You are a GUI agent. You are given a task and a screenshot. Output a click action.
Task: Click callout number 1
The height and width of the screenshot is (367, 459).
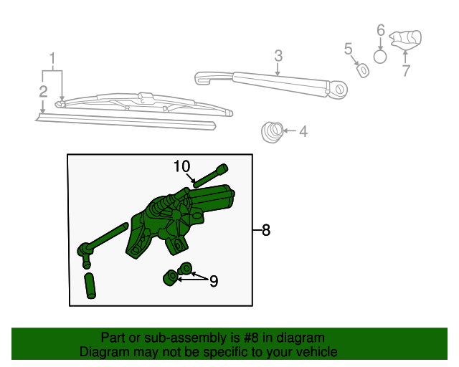(x=52, y=58)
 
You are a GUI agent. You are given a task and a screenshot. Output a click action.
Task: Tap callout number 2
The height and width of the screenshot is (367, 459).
(x=44, y=91)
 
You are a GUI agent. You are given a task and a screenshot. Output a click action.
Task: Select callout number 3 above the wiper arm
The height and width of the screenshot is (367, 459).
(x=278, y=55)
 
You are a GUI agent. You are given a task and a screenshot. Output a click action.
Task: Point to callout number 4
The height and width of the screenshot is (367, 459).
(x=303, y=131)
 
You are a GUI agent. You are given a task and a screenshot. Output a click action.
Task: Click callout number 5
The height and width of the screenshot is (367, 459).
(x=349, y=49)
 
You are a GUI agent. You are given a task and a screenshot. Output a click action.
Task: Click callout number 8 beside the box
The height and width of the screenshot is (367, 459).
(x=266, y=230)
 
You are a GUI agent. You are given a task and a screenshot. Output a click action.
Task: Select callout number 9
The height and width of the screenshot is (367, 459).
(x=213, y=282)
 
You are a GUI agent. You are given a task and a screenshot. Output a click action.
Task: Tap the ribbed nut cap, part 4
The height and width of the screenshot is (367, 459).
(x=271, y=131)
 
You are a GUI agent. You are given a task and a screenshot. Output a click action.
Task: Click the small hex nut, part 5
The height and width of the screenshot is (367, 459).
(x=363, y=70)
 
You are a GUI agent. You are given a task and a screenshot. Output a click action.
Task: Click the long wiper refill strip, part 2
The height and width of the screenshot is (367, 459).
(x=126, y=120)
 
